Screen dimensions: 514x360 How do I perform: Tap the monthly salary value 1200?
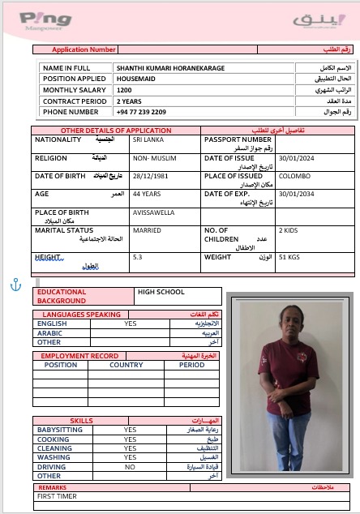[x=124, y=90]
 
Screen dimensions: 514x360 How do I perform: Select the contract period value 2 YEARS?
[x=129, y=101]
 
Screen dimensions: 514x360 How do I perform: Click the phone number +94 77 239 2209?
[x=141, y=112]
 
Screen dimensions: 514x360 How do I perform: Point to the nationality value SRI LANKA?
[x=148, y=140]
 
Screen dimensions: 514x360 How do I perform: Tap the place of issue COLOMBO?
[x=294, y=176]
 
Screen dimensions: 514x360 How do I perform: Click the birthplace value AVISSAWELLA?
[x=153, y=212]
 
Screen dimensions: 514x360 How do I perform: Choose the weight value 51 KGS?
[x=289, y=257]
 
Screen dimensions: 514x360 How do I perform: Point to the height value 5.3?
[x=137, y=257]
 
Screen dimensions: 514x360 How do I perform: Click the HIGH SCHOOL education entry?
[x=161, y=292]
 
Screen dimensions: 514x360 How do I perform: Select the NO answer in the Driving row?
[x=130, y=467]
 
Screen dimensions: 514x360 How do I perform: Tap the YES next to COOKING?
[x=130, y=439]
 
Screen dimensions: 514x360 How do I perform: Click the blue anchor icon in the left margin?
[x=13, y=284]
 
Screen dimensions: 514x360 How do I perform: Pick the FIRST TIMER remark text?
[x=58, y=495]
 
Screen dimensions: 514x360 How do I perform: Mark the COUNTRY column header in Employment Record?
[x=126, y=365]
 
